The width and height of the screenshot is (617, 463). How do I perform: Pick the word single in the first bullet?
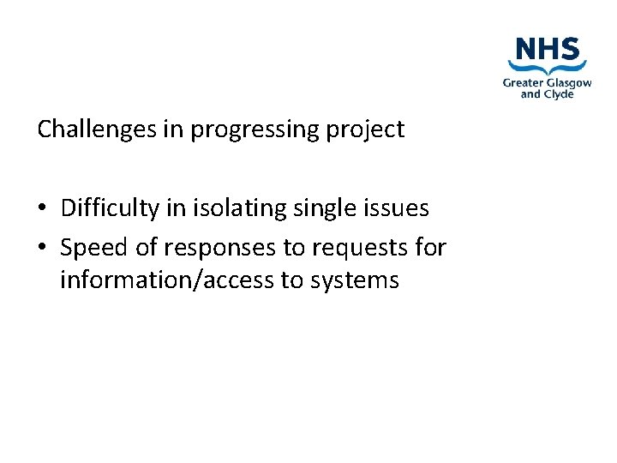click(324, 207)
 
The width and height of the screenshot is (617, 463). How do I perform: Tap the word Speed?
click(94, 248)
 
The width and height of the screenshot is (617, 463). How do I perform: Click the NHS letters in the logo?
click(547, 48)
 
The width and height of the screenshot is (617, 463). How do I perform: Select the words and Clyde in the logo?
click(547, 94)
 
